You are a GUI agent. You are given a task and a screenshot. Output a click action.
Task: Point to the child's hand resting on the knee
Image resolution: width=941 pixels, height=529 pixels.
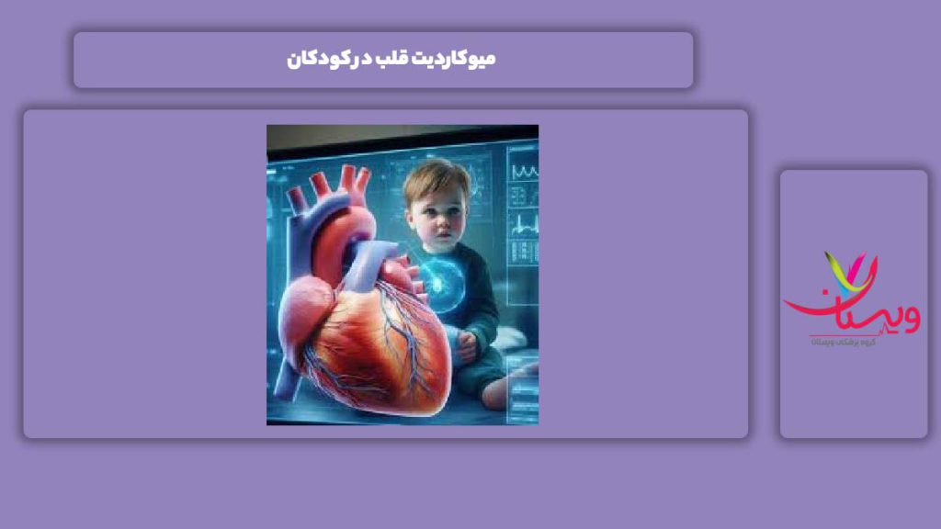click(x=467, y=343)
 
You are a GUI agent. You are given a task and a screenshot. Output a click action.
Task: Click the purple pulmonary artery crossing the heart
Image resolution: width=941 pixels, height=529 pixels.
click(x=368, y=266)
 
